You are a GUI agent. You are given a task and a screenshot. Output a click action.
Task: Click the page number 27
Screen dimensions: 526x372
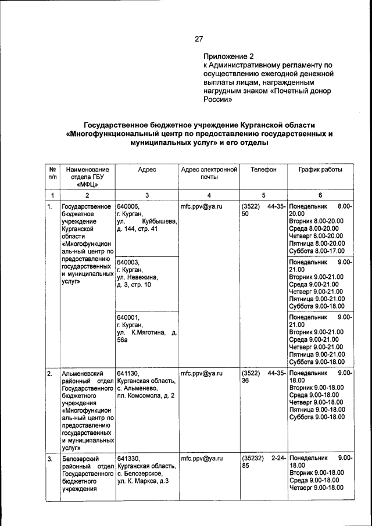(199, 40)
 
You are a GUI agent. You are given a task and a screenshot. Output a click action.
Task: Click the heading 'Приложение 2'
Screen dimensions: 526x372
(228, 57)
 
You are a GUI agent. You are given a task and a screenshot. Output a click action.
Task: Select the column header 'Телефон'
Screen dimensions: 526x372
(263, 170)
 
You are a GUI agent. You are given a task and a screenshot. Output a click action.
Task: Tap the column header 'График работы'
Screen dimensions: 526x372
(320, 170)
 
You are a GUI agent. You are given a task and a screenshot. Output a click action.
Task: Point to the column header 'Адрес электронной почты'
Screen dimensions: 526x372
(209, 173)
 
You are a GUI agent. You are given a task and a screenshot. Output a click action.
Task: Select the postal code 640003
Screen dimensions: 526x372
(129, 262)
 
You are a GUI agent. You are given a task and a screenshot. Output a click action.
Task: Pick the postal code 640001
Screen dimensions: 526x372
(129, 317)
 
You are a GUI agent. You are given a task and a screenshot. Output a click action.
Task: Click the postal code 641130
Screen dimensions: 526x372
(129, 374)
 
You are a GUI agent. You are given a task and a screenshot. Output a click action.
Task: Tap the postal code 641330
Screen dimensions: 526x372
(129, 459)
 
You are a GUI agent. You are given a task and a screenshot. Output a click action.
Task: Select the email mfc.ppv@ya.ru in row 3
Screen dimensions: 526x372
(202, 459)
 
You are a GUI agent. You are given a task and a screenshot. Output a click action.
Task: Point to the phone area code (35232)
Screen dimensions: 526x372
(253, 459)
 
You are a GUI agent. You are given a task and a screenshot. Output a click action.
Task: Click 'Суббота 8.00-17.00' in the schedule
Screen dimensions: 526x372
(317, 251)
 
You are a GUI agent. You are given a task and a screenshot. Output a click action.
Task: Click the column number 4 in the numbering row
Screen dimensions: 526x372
(209, 195)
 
